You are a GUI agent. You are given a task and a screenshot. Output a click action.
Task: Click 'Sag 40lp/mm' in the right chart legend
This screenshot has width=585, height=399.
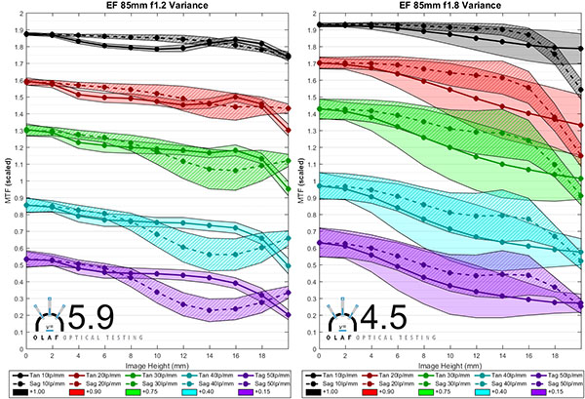coord(504,382)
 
